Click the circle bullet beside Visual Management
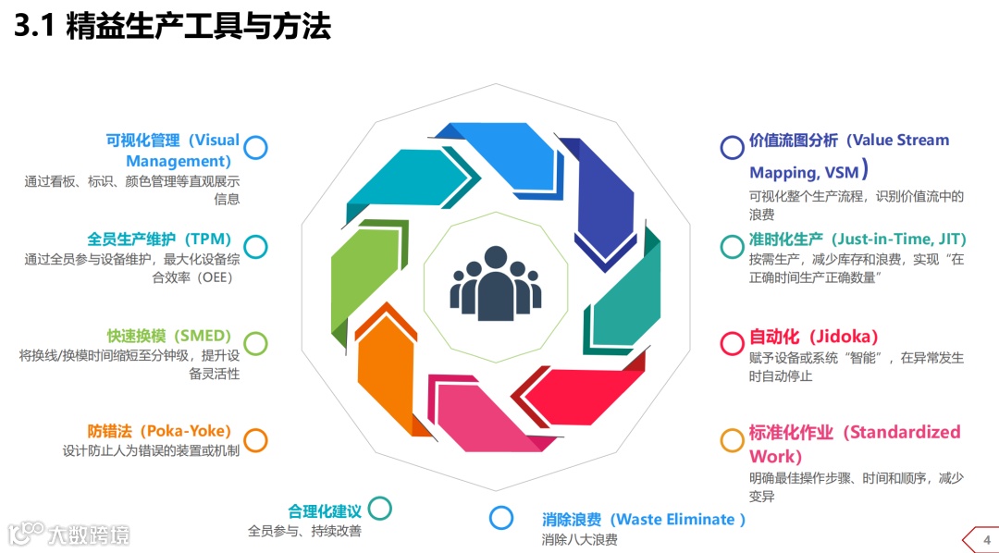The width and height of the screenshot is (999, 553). (x=256, y=147)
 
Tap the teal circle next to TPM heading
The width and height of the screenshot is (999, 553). (x=256, y=246)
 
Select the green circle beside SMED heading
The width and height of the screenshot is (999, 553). (x=256, y=344)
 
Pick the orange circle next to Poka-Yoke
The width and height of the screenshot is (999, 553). (x=256, y=440)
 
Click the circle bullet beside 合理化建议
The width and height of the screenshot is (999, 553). (x=379, y=508)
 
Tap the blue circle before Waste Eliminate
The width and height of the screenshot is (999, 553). (x=501, y=518)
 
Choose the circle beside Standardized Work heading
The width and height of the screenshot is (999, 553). (x=733, y=440)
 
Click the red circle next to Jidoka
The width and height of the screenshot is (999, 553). (x=733, y=344)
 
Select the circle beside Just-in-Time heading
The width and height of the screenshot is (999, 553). (x=733, y=246)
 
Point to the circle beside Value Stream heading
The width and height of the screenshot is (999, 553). (x=733, y=147)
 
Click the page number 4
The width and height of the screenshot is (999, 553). (x=986, y=540)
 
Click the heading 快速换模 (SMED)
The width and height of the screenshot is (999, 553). (x=168, y=336)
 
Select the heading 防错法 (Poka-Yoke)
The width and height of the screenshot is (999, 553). (x=159, y=431)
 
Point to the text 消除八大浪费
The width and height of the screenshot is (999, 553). (x=579, y=540)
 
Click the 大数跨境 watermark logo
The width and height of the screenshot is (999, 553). (x=69, y=534)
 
